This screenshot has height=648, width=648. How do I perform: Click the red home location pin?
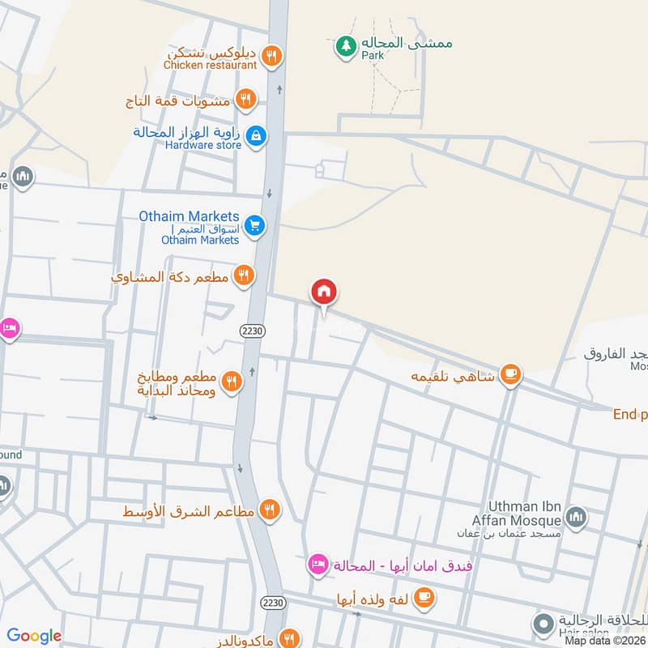pyautogui.click(x=323, y=292)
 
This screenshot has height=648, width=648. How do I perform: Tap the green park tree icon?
pyautogui.click(x=346, y=46)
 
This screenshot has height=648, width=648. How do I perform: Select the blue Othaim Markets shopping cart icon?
pyautogui.click(x=255, y=226)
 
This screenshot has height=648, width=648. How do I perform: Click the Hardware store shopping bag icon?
pyautogui.click(x=256, y=136)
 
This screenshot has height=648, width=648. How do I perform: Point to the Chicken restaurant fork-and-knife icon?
pyautogui.click(x=273, y=56)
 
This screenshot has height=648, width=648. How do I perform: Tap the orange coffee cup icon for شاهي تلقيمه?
pyautogui.click(x=510, y=373)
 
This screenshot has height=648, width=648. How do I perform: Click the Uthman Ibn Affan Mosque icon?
pyautogui.click(x=576, y=517)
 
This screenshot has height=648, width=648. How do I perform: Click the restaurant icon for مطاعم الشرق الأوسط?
pyautogui.click(x=271, y=510)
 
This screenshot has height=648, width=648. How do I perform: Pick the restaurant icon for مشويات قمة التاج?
pyautogui.click(x=245, y=100)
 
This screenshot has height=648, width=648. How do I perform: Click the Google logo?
pyautogui.click(x=34, y=636)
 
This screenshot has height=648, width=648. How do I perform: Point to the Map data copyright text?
pyautogui.click(x=605, y=640)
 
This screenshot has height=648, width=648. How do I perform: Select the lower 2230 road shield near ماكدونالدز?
pyautogui.click(x=272, y=603)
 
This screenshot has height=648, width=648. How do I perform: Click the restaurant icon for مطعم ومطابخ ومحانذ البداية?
pyautogui.click(x=232, y=382)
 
